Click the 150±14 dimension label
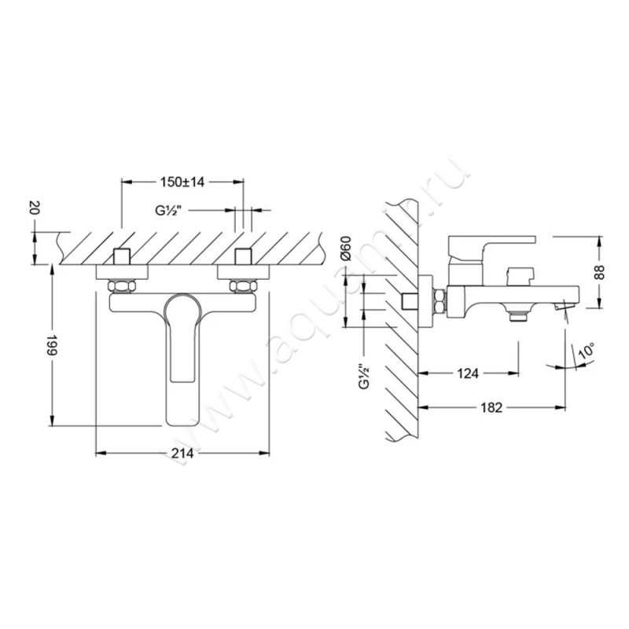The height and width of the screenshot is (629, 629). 182,182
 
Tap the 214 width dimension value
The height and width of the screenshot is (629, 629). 182,454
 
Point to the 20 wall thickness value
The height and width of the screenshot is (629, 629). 35,208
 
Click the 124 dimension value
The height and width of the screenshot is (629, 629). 468,374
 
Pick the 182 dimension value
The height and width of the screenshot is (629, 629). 491,407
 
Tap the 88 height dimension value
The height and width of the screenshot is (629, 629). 599,272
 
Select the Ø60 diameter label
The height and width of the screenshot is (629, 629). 346,248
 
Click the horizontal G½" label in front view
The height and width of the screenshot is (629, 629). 168,210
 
